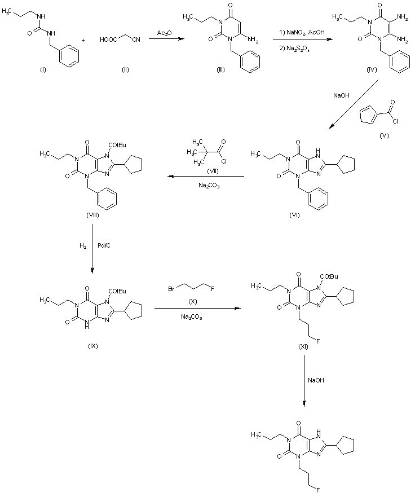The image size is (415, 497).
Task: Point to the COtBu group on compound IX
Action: [117, 291]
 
